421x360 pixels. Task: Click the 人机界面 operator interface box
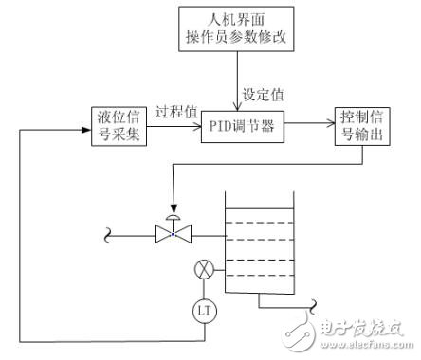click(236, 28)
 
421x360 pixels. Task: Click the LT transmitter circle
click(202, 309)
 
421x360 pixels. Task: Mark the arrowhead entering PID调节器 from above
click(236, 106)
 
